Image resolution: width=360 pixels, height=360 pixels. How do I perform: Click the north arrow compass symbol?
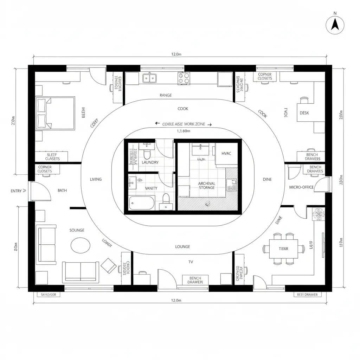click(335, 24)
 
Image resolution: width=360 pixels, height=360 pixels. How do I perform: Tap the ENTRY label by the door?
click(17, 191)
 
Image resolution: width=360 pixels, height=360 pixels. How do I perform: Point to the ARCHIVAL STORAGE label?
click(207, 185)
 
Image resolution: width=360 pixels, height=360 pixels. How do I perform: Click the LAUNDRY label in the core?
click(150, 162)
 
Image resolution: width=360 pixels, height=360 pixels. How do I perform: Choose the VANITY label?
click(151, 188)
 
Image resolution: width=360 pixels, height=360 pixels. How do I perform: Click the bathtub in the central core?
click(141, 203)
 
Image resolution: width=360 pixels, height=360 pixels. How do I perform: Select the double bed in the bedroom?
click(55, 113)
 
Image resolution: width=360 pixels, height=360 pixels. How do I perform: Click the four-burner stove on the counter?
click(184, 78)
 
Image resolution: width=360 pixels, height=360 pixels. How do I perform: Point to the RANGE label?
click(166, 95)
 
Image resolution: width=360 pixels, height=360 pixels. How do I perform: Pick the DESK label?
click(304, 113)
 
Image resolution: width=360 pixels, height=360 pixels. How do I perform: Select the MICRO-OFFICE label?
click(301, 187)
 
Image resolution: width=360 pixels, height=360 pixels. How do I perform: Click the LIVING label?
click(96, 179)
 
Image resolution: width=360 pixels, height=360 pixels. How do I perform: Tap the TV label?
click(191, 262)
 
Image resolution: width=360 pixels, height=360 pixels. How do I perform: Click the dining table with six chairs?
click(283, 249)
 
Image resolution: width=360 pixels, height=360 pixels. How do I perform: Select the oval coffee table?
click(80, 245)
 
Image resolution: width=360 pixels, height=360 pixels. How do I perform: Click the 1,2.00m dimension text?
click(183, 131)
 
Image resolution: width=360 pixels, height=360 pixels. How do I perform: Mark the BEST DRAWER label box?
click(307, 295)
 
